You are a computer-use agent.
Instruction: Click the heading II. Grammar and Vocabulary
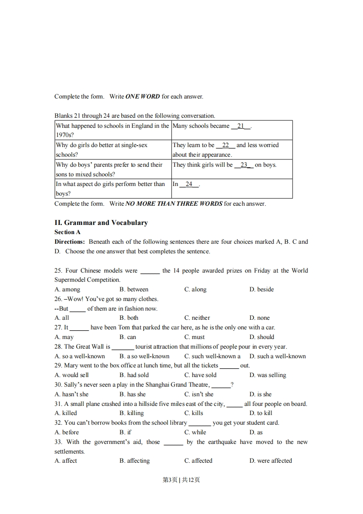[x=101, y=223]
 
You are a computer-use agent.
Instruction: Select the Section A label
[x=67, y=232]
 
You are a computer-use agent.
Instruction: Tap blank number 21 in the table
[x=241, y=126]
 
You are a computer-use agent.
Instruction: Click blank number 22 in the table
[x=226, y=145]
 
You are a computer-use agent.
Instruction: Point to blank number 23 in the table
[x=244, y=165]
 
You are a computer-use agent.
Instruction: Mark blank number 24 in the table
[x=189, y=184]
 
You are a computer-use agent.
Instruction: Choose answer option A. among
[x=67, y=290]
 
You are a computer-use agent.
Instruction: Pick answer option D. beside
[x=261, y=290]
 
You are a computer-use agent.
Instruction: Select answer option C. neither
[x=197, y=318]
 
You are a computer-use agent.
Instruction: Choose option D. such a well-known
[x=277, y=356]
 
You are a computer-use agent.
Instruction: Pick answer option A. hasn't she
[x=71, y=394]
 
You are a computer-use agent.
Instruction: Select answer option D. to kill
[x=261, y=413]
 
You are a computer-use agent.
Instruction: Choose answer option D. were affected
[x=271, y=461]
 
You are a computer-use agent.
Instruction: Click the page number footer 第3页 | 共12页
[x=181, y=480]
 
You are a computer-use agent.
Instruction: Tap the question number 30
[x=58, y=385]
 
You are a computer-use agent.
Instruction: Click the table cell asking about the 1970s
[x=112, y=130]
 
